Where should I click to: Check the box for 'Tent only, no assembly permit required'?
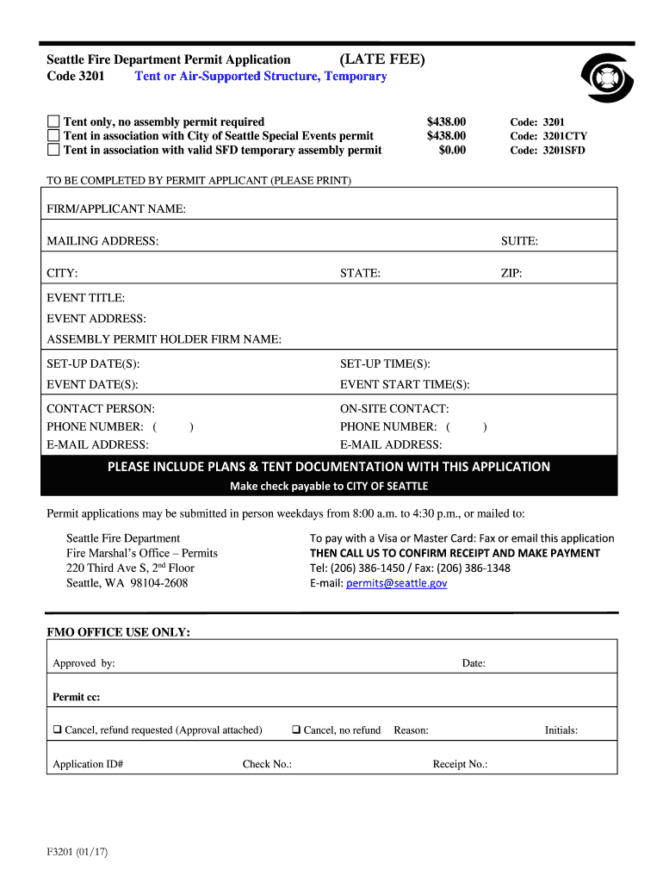coord(54,121)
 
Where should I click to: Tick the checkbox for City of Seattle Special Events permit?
coord(54,135)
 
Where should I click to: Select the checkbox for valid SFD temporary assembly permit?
coord(54,149)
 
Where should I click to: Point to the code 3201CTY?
coord(548,136)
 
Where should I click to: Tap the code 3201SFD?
coord(548,150)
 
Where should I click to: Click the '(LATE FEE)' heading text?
coord(381,59)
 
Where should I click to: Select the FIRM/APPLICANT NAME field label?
coord(116,209)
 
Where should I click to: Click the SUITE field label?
coord(519,241)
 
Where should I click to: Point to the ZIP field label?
coord(511,273)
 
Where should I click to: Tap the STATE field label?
coord(360,273)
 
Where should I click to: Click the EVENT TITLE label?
coord(86,298)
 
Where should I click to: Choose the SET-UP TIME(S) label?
coord(385,363)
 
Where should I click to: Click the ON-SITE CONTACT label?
coord(394,409)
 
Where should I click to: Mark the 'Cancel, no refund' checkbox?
coord(295,730)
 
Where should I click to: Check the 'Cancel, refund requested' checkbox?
coord(57,730)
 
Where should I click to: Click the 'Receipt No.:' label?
coord(460,764)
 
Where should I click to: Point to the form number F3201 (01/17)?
coord(78,853)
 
